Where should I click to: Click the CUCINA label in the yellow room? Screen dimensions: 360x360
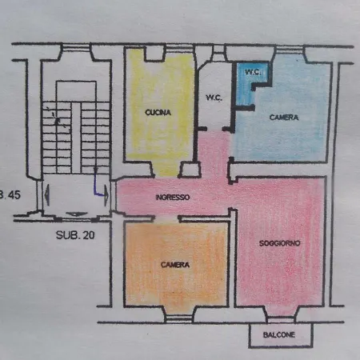tap(158, 113)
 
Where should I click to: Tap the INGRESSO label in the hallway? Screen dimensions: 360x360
tap(173, 198)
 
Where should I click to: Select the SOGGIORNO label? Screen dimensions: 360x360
tap(279, 243)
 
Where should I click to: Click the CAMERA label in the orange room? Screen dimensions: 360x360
tap(175, 265)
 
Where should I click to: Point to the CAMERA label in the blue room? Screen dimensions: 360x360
tap(284, 118)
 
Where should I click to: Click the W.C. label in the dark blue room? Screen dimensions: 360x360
tap(253, 72)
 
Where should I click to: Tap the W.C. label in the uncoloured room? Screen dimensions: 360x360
tap(214, 98)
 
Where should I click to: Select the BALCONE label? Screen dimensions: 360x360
tap(279, 334)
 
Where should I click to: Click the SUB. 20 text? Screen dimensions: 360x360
tap(75, 235)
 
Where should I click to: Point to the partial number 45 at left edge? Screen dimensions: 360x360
tap(11, 194)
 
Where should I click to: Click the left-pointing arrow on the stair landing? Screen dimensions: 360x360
tap(47, 195)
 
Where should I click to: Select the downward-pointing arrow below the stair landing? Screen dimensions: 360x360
tap(77, 214)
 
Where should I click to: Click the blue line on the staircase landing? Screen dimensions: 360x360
tap(97, 186)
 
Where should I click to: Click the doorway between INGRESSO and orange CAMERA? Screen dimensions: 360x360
tap(166, 218)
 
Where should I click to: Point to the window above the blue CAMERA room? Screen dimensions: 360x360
tap(289, 49)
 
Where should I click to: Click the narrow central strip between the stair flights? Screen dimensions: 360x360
tap(76, 138)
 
